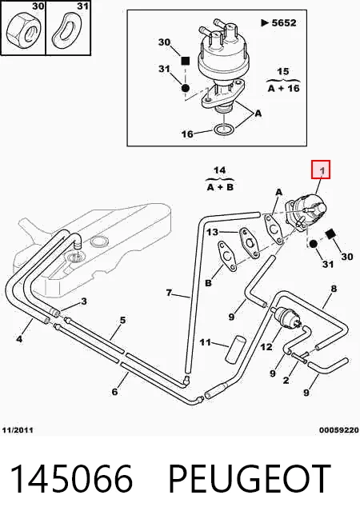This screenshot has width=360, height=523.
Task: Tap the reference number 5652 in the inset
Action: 284,22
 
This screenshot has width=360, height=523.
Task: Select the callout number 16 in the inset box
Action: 187,134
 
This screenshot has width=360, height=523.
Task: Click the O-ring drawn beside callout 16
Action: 224,130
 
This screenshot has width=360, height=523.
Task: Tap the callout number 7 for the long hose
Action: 169,293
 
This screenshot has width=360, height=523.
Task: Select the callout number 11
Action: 205,342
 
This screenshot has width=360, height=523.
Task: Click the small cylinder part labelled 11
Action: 235,349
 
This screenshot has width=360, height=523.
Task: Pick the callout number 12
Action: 266,347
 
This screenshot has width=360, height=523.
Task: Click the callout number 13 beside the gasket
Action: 212,232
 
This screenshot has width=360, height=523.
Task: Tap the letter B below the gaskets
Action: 208,283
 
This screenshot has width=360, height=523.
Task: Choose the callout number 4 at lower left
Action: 19,339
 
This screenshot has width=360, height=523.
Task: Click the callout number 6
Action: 114,391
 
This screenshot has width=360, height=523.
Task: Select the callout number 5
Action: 122,321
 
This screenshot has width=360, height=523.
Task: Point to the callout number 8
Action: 334,289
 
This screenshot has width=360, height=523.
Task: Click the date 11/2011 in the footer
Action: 18,430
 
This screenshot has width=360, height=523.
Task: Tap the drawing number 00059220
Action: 339,430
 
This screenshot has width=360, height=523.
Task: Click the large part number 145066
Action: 72,479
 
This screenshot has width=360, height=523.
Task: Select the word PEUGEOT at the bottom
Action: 250,479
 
